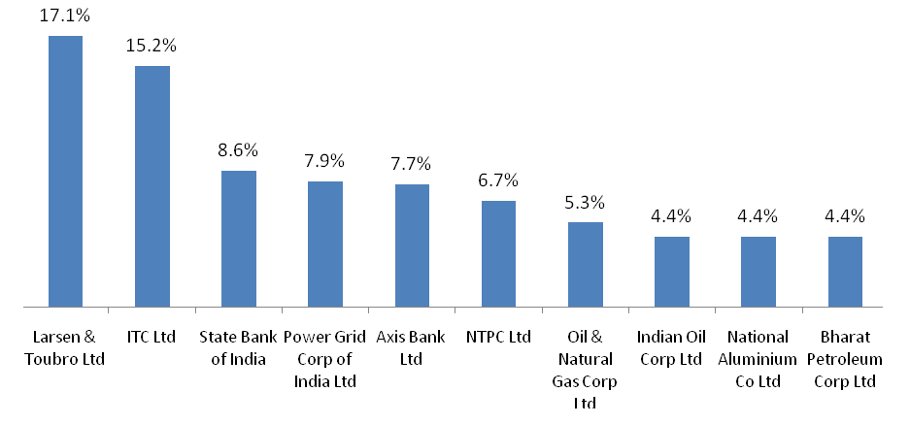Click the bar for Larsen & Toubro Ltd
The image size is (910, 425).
point(65,172)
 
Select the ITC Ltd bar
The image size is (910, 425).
point(152,186)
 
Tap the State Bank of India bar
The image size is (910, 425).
point(239,240)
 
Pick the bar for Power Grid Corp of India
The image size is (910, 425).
point(325,245)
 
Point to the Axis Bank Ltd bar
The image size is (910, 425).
point(412,246)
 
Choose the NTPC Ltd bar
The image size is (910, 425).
point(498,254)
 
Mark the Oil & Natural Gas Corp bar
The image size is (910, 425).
point(586,265)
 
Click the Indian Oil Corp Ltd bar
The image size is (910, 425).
point(672,273)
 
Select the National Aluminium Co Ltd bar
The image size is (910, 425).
point(758,273)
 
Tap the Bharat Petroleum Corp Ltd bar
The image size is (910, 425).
point(845,273)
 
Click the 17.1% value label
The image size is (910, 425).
point(65,16)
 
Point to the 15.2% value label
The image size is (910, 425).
point(152,47)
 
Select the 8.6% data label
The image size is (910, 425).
point(239,150)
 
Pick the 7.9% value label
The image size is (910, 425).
point(325,161)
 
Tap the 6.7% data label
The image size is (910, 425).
point(498,180)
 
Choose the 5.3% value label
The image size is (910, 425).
point(586,203)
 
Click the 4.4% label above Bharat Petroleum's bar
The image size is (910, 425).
point(845,216)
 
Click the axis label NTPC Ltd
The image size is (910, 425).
point(498,338)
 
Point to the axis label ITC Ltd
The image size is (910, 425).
point(152,338)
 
